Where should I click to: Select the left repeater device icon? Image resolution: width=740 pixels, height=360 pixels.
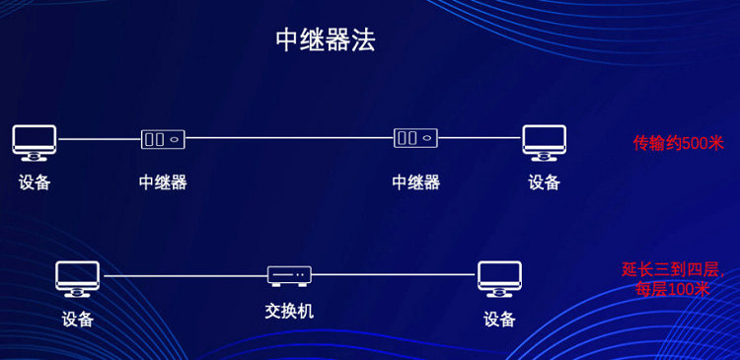point(163,139)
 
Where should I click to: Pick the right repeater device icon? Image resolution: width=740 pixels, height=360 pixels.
point(415,139)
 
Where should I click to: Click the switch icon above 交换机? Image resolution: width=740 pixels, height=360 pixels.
point(289,275)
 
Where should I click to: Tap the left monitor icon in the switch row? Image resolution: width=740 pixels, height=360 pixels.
point(78,278)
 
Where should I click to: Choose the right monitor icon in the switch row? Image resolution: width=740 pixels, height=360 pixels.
point(499,278)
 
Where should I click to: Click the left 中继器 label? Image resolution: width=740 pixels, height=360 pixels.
point(163,182)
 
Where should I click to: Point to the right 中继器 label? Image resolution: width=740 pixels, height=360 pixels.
point(415,182)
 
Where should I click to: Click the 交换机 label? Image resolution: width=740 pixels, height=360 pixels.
point(289,311)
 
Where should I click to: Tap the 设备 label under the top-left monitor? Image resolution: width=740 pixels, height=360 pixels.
point(35,182)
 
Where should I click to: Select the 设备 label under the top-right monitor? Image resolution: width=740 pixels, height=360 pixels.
point(544,182)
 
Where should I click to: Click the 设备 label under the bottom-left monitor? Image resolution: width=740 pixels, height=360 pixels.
point(78,319)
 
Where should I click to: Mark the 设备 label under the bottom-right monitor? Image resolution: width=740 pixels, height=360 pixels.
point(499,319)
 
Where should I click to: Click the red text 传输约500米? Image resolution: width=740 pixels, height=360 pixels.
point(678,142)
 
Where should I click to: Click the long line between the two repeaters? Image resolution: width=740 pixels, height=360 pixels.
point(289,139)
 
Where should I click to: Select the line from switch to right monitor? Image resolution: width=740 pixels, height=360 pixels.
point(395,275)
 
